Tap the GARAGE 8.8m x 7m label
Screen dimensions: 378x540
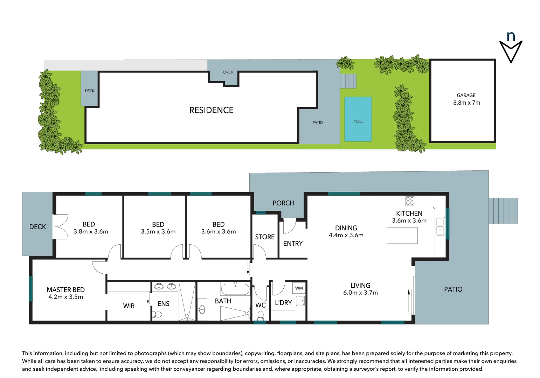coord(466,99)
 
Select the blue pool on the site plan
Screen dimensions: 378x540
coord(358,119)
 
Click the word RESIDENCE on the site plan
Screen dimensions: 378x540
coord(211,110)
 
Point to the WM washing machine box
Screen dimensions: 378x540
coord(299,288)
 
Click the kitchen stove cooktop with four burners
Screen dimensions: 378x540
coord(410,201)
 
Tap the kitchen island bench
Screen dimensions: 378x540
coord(402,235)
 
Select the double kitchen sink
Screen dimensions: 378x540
coord(440,226)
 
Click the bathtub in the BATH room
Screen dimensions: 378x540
coord(235,289)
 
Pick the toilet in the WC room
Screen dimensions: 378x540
coord(260,316)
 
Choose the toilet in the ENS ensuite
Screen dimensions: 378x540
coord(158,315)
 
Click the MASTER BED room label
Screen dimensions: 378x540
coord(66,293)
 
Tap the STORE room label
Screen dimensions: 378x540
coord(265,237)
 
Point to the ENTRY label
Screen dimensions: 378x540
coord(293,244)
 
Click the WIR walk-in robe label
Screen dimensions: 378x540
coord(129,306)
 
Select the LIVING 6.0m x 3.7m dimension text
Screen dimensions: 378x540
coord(360,293)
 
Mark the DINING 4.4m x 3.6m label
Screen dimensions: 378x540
coord(346,231)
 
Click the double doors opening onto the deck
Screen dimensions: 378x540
coord(60,226)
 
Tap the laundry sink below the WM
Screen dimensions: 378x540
coord(300,301)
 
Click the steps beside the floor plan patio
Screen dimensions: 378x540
coord(503,211)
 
